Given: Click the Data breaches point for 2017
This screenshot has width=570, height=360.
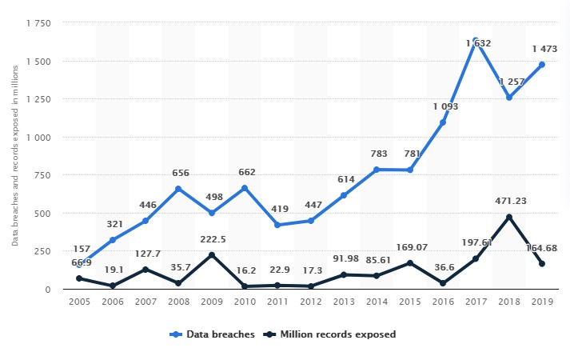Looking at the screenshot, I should click(x=476, y=41).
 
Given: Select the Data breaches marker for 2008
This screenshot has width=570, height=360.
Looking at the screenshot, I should click(x=178, y=189).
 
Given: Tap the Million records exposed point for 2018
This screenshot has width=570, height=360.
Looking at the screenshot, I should click(x=508, y=217).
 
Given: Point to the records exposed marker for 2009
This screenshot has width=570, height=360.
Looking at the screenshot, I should click(x=211, y=255).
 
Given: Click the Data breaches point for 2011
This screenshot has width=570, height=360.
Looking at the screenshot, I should click(x=277, y=225).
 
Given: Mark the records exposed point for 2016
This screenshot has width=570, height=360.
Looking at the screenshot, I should click(x=443, y=283).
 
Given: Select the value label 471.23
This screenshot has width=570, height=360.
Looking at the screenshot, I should click(x=508, y=202).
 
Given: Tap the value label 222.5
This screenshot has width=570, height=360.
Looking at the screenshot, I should click(x=211, y=240).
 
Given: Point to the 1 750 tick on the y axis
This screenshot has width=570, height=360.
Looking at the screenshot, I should click(x=38, y=23).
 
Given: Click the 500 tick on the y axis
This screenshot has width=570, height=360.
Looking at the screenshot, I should click(x=42, y=213).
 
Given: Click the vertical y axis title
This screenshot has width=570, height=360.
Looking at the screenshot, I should click(x=16, y=157).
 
